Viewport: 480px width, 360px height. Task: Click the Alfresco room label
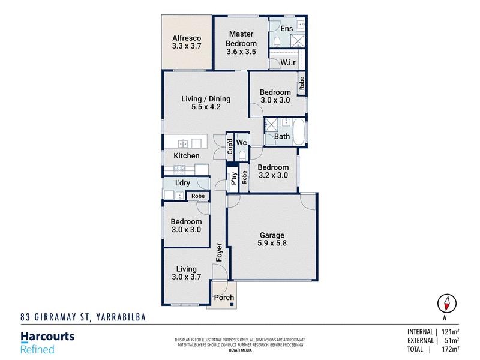click(x=187, y=38)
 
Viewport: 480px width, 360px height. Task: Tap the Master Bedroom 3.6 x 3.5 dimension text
click(x=241, y=52)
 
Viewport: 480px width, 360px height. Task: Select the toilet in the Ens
click(x=277, y=41)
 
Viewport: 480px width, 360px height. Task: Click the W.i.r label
click(x=288, y=62)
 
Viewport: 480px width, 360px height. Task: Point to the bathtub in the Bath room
click(x=299, y=132)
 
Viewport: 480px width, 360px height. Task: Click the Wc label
click(x=242, y=142)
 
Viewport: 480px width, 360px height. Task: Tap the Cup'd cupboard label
click(x=230, y=146)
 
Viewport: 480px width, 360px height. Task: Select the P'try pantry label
click(x=233, y=178)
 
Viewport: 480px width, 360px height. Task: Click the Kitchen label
click(x=187, y=156)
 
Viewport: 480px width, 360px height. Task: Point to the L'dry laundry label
click(x=183, y=183)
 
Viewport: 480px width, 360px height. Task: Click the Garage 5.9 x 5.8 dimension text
click(x=272, y=243)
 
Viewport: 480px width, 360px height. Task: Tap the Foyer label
click(x=219, y=252)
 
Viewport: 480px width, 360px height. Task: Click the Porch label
click(x=224, y=297)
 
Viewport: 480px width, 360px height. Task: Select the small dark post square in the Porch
click(x=232, y=304)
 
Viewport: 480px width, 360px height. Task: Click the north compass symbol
click(x=446, y=304)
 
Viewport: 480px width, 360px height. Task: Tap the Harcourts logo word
click(x=47, y=337)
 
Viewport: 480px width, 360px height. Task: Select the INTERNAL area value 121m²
click(x=451, y=332)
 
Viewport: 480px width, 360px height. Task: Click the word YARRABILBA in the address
click(x=121, y=317)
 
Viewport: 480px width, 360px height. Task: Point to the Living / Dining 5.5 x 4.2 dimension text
click(x=206, y=107)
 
